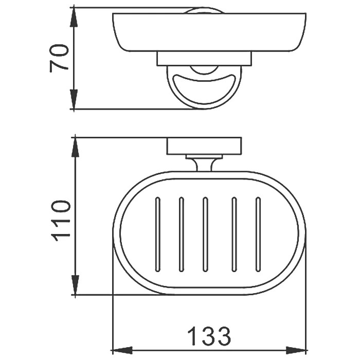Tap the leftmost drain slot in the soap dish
click(158, 235)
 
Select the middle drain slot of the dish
click(205, 235)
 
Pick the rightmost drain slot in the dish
click(258, 235)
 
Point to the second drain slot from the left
click(181, 235)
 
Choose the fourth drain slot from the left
click(234, 235)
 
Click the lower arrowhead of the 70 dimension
click(74, 99)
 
